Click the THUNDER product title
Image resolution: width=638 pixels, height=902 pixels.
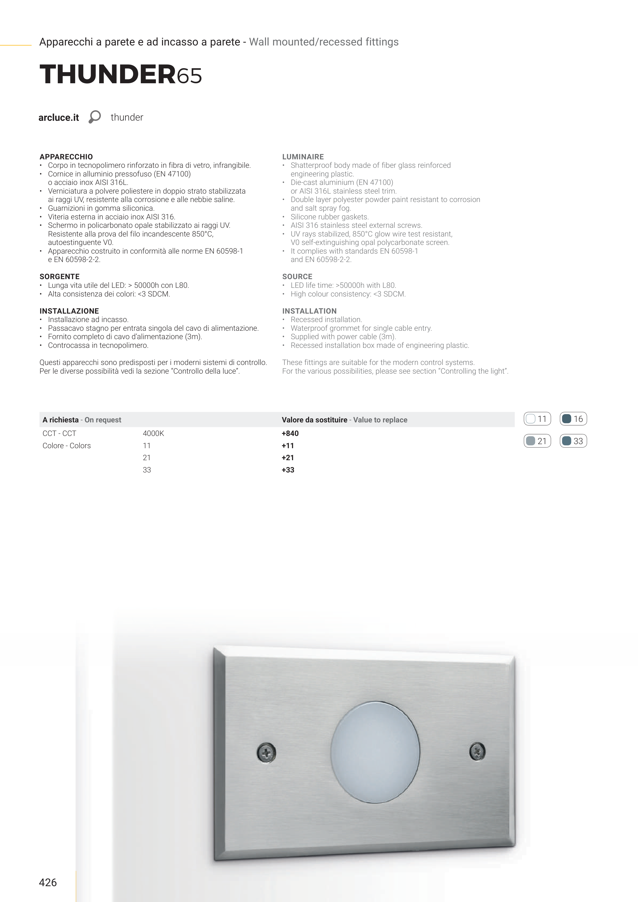pyautogui.click(x=120, y=75)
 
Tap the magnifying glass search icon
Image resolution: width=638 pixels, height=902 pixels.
pyautogui.click(x=94, y=117)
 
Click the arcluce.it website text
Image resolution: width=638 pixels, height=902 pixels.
pyautogui.click(x=59, y=117)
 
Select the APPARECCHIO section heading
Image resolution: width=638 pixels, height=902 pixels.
pyautogui.click(x=66, y=157)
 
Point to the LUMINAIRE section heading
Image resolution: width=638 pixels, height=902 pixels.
pyautogui.click(x=303, y=157)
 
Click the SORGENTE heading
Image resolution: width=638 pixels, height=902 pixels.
pyautogui.click(x=59, y=277)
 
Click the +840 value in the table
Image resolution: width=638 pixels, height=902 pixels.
pyautogui.click(x=290, y=433)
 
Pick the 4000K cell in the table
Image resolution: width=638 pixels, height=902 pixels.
pyautogui.click(x=153, y=433)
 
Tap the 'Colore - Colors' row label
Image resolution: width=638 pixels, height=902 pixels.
pyautogui.click(x=66, y=445)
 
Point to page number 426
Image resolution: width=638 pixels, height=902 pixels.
pyautogui.click(x=48, y=882)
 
